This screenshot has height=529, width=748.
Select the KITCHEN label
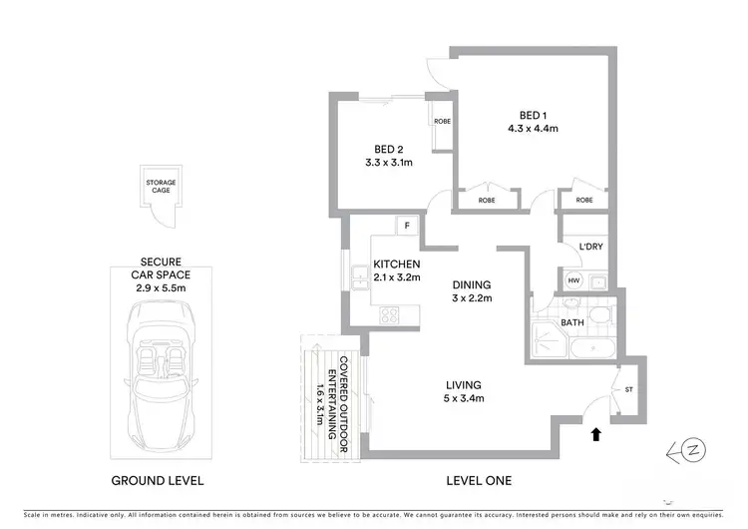[x=397, y=264]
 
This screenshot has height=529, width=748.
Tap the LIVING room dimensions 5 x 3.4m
[x=465, y=399]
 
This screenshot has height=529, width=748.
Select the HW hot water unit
[x=573, y=281]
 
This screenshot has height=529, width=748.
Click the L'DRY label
[x=578, y=247]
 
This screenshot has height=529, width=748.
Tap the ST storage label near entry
[x=629, y=389]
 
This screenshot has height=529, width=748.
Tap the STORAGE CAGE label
[x=161, y=185]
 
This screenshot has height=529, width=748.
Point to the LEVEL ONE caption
[x=480, y=480]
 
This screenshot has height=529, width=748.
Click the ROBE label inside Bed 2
[x=443, y=121]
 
